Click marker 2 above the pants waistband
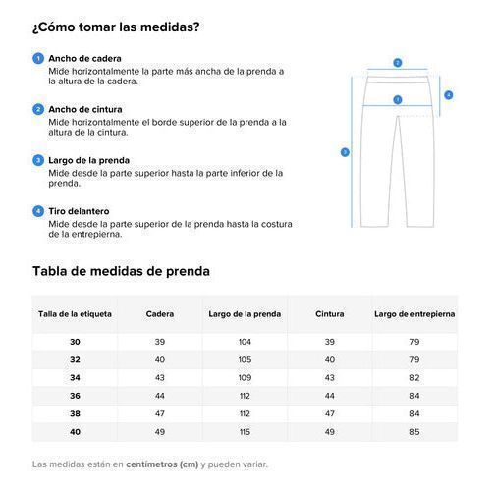tap(397, 62)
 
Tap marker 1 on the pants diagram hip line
tap(397, 99)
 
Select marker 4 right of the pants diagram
tap(448, 95)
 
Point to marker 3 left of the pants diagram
tap(345, 152)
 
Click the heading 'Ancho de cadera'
tap(84, 59)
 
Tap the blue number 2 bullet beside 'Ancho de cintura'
tap(38, 109)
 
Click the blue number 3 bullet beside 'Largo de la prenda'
tap(38, 159)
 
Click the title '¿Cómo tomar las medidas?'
tap(116, 27)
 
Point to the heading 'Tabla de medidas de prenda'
tap(121, 271)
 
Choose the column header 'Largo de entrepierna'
tap(414, 314)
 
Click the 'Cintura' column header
tap(330, 314)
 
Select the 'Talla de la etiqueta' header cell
tap(76, 314)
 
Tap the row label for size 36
tap(76, 396)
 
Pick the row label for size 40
tap(76, 432)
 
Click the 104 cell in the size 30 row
tap(245, 341)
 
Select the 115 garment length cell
tap(245, 432)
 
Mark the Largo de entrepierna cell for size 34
tap(414, 377)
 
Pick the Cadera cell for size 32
tap(160, 359)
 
